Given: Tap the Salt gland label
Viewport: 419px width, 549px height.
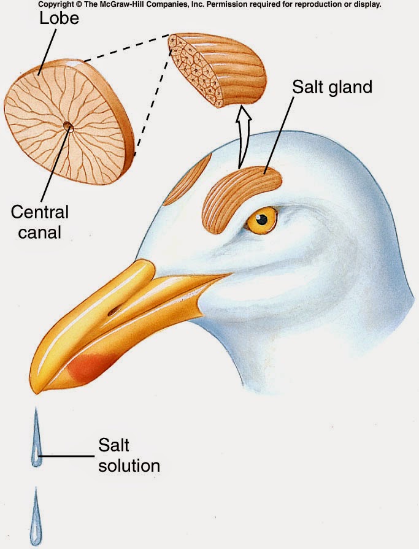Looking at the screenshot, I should click(x=331, y=86).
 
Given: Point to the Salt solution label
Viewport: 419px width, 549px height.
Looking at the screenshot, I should click(x=129, y=455).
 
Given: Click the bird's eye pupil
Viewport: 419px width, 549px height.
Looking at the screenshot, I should click(x=264, y=219).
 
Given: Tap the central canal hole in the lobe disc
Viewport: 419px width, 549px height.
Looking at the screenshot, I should click(x=68, y=127).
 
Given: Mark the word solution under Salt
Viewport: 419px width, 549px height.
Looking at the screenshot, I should click(x=129, y=464).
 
